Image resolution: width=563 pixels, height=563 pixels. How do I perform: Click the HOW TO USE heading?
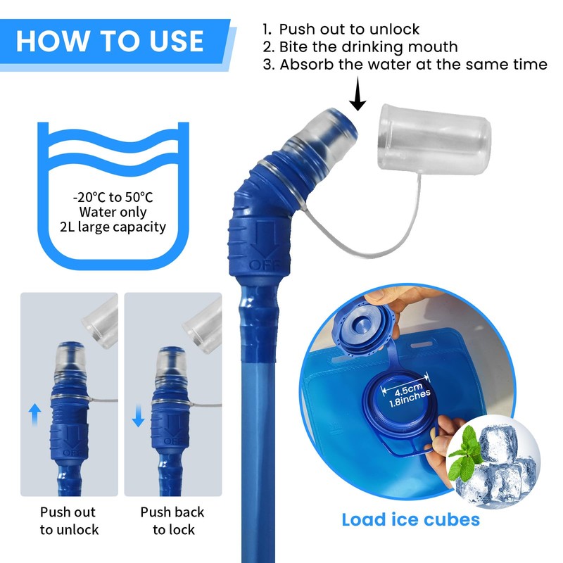(110, 40)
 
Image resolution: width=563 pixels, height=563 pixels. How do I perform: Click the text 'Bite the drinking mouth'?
(369, 47)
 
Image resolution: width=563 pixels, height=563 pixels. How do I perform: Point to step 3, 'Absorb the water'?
(413, 65)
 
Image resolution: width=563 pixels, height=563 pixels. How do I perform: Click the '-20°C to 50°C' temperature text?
(113, 196)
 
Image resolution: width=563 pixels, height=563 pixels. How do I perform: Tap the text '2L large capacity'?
(113, 227)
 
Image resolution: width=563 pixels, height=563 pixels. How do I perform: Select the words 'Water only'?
(113, 212)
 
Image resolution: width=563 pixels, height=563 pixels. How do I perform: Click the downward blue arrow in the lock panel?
(138, 418)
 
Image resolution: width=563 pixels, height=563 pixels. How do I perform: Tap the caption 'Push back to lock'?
(172, 521)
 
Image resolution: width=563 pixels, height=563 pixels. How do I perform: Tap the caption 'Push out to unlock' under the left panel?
(69, 521)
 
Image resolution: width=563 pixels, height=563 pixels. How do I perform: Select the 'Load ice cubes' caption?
(411, 520)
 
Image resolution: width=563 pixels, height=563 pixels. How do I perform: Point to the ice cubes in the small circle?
(501, 464)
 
